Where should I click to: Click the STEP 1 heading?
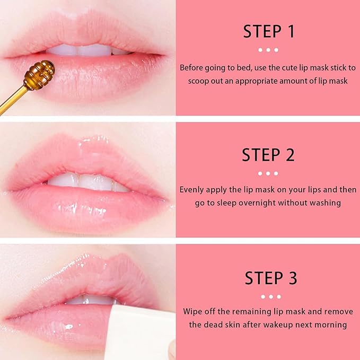click(268, 31)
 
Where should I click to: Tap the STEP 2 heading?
click(268, 155)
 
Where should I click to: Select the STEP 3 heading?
click(268, 278)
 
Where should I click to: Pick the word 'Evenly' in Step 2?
click(192, 189)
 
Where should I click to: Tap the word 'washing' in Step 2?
click(326, 203)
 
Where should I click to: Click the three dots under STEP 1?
click(268, 50)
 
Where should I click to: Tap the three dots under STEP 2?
click(268, 173)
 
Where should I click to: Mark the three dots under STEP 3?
click(268, 296)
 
